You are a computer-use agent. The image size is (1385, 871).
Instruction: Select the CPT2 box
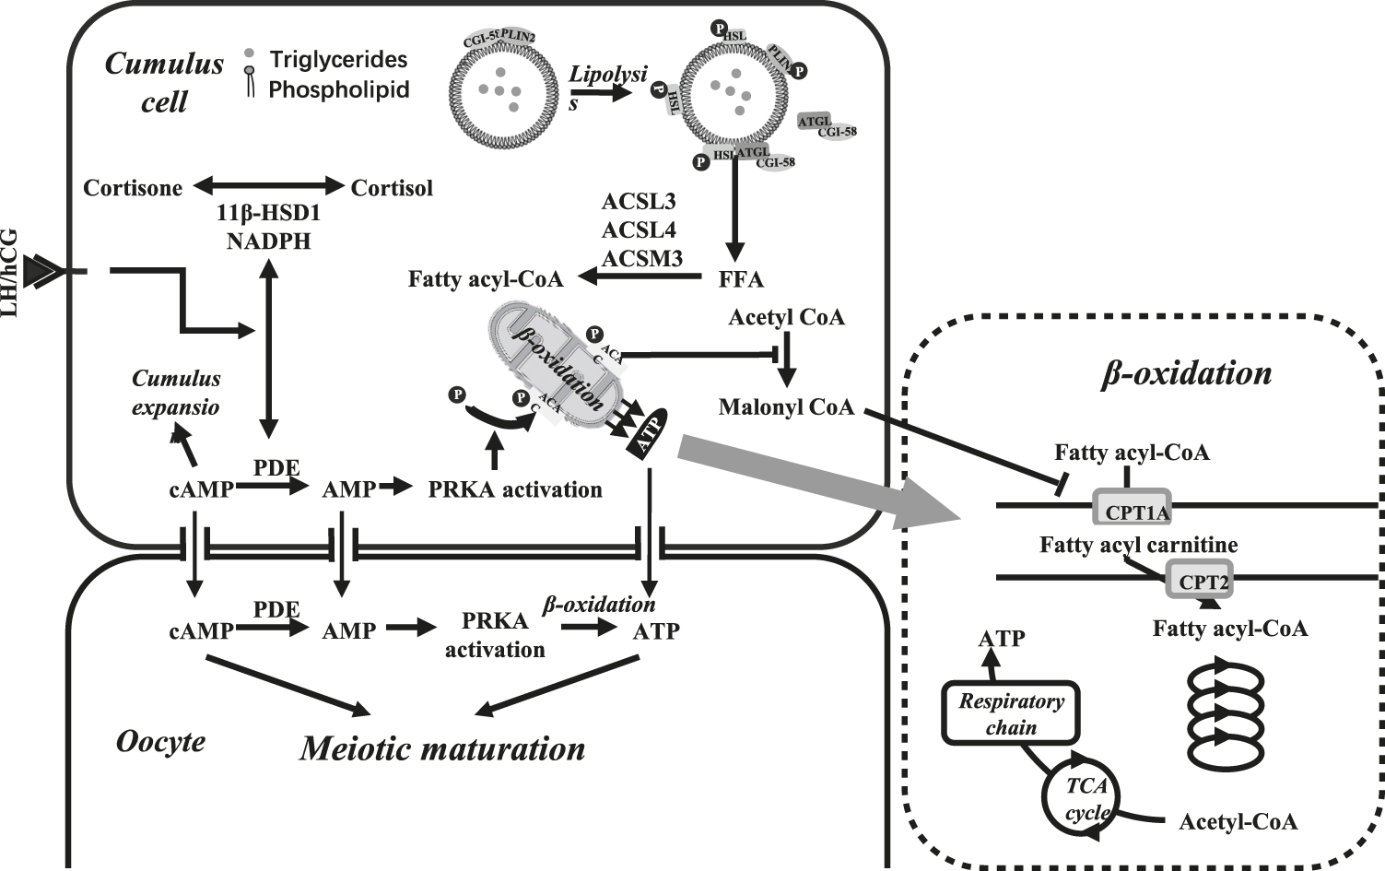(x=1199, y=581)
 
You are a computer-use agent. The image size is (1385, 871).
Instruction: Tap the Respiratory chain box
(x=1011, y=712)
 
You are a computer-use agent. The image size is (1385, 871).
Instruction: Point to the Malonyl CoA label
(x=786, y=406)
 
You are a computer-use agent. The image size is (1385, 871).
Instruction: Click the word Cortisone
(x=133, y=188)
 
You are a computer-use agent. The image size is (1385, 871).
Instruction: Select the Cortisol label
(x=392, y=188)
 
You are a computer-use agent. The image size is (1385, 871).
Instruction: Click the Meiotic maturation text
(x=442, y=748)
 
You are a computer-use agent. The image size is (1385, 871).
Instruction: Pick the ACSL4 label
(x=639, y=230)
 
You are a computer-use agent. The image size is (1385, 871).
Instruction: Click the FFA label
(x=741, y=278)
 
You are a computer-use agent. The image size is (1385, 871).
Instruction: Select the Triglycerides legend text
(x=338, y=60)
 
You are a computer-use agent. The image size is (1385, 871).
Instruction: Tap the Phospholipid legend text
(x=338, y=89)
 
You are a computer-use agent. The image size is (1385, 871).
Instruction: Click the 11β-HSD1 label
(x=268, y=214)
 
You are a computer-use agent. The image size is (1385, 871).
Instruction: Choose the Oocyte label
(x=160, y=741)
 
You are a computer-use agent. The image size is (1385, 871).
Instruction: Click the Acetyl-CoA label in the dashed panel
(x=1238, y=821)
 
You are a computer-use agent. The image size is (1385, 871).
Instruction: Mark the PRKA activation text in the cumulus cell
(x=514, y=489)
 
